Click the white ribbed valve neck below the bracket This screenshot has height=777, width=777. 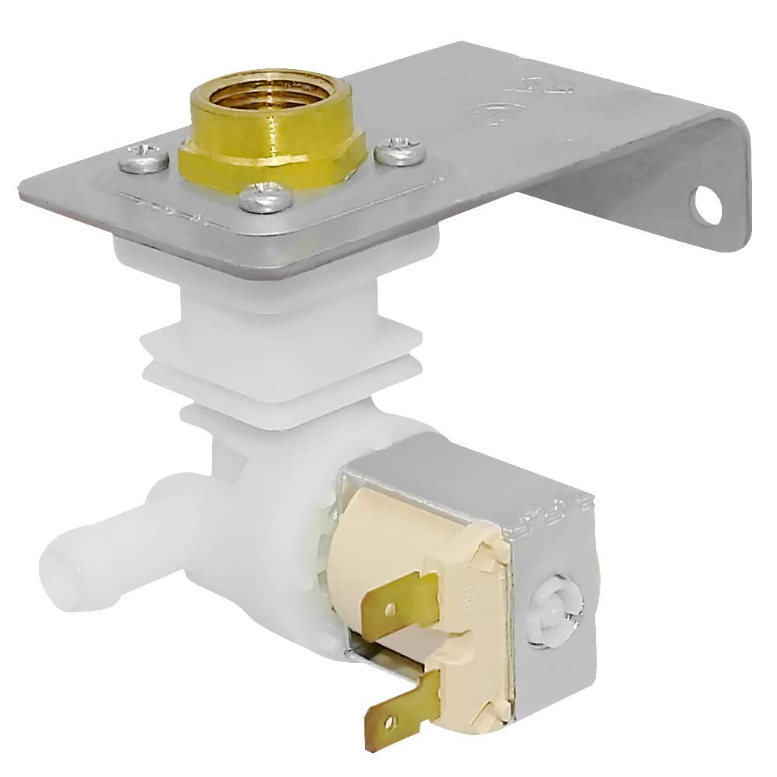pos(280,342)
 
